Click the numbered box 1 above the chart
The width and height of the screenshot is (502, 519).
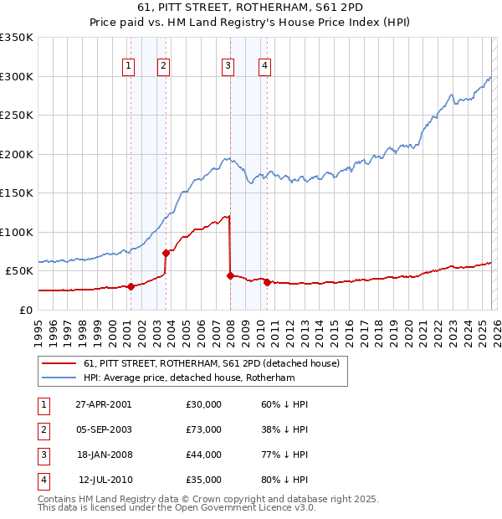click(130, 67)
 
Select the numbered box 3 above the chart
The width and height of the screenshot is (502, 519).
click(228, 67)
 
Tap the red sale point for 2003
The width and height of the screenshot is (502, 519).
click(166, 253)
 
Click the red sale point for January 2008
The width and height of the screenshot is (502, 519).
click(230, 275)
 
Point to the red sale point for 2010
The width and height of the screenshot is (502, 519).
click(267, 282)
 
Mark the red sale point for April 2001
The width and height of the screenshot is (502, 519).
click(131, 286)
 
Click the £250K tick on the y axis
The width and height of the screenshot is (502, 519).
click(17, 116)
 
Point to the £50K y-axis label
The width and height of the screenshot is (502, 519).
click(18, 271)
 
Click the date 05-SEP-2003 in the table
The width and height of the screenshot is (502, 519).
click(104, 429)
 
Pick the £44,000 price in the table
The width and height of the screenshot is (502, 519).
click(204, 455)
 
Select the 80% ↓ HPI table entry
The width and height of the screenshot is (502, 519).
click(284, 480)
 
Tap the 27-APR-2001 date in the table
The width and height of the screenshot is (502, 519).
click(104, 404)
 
